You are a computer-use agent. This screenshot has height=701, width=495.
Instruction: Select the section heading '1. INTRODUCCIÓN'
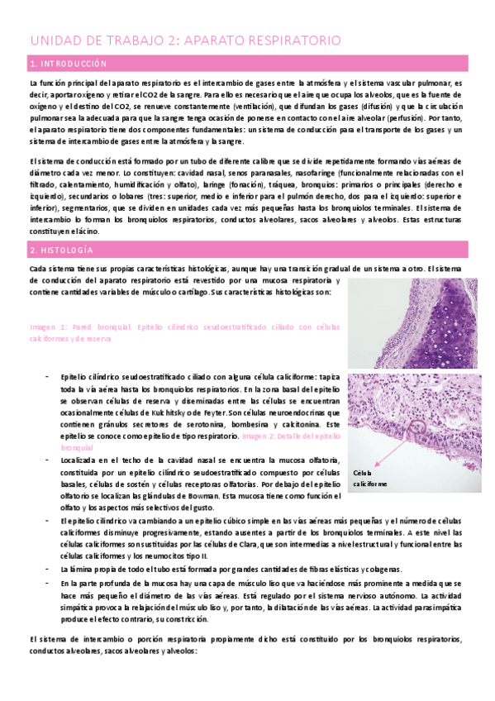tap(68, 64)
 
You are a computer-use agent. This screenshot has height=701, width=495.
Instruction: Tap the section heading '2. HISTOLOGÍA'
tap(61, 250)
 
